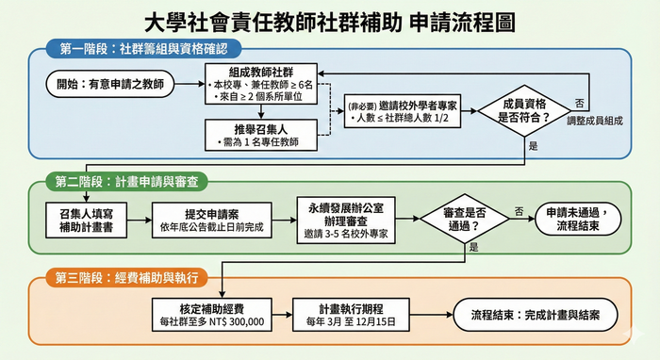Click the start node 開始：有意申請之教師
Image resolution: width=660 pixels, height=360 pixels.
point(109,85)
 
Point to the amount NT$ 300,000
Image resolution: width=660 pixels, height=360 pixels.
point(237,322)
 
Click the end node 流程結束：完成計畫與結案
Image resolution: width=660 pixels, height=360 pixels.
point(536,316)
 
